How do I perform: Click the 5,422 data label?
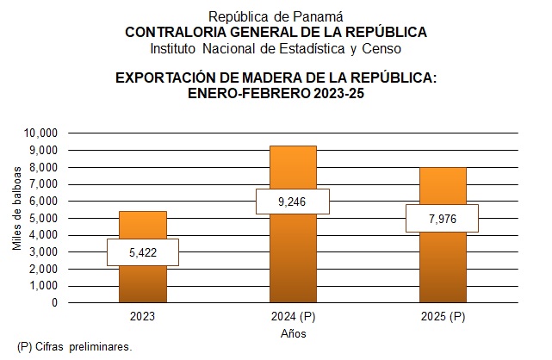coord(142,252)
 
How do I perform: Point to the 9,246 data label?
coord(293,202)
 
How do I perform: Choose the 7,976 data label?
coord(442,218)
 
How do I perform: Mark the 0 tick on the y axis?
coord(53,303)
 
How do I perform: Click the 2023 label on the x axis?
coord(142,317)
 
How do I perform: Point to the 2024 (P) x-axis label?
coord(293,317)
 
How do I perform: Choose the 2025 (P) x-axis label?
coord(442,317)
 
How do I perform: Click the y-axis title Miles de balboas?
coord(17,217)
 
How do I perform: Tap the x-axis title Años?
coord(293,333)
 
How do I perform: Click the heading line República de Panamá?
coord(276,16)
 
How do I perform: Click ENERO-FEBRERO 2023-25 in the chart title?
coord(276,93)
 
